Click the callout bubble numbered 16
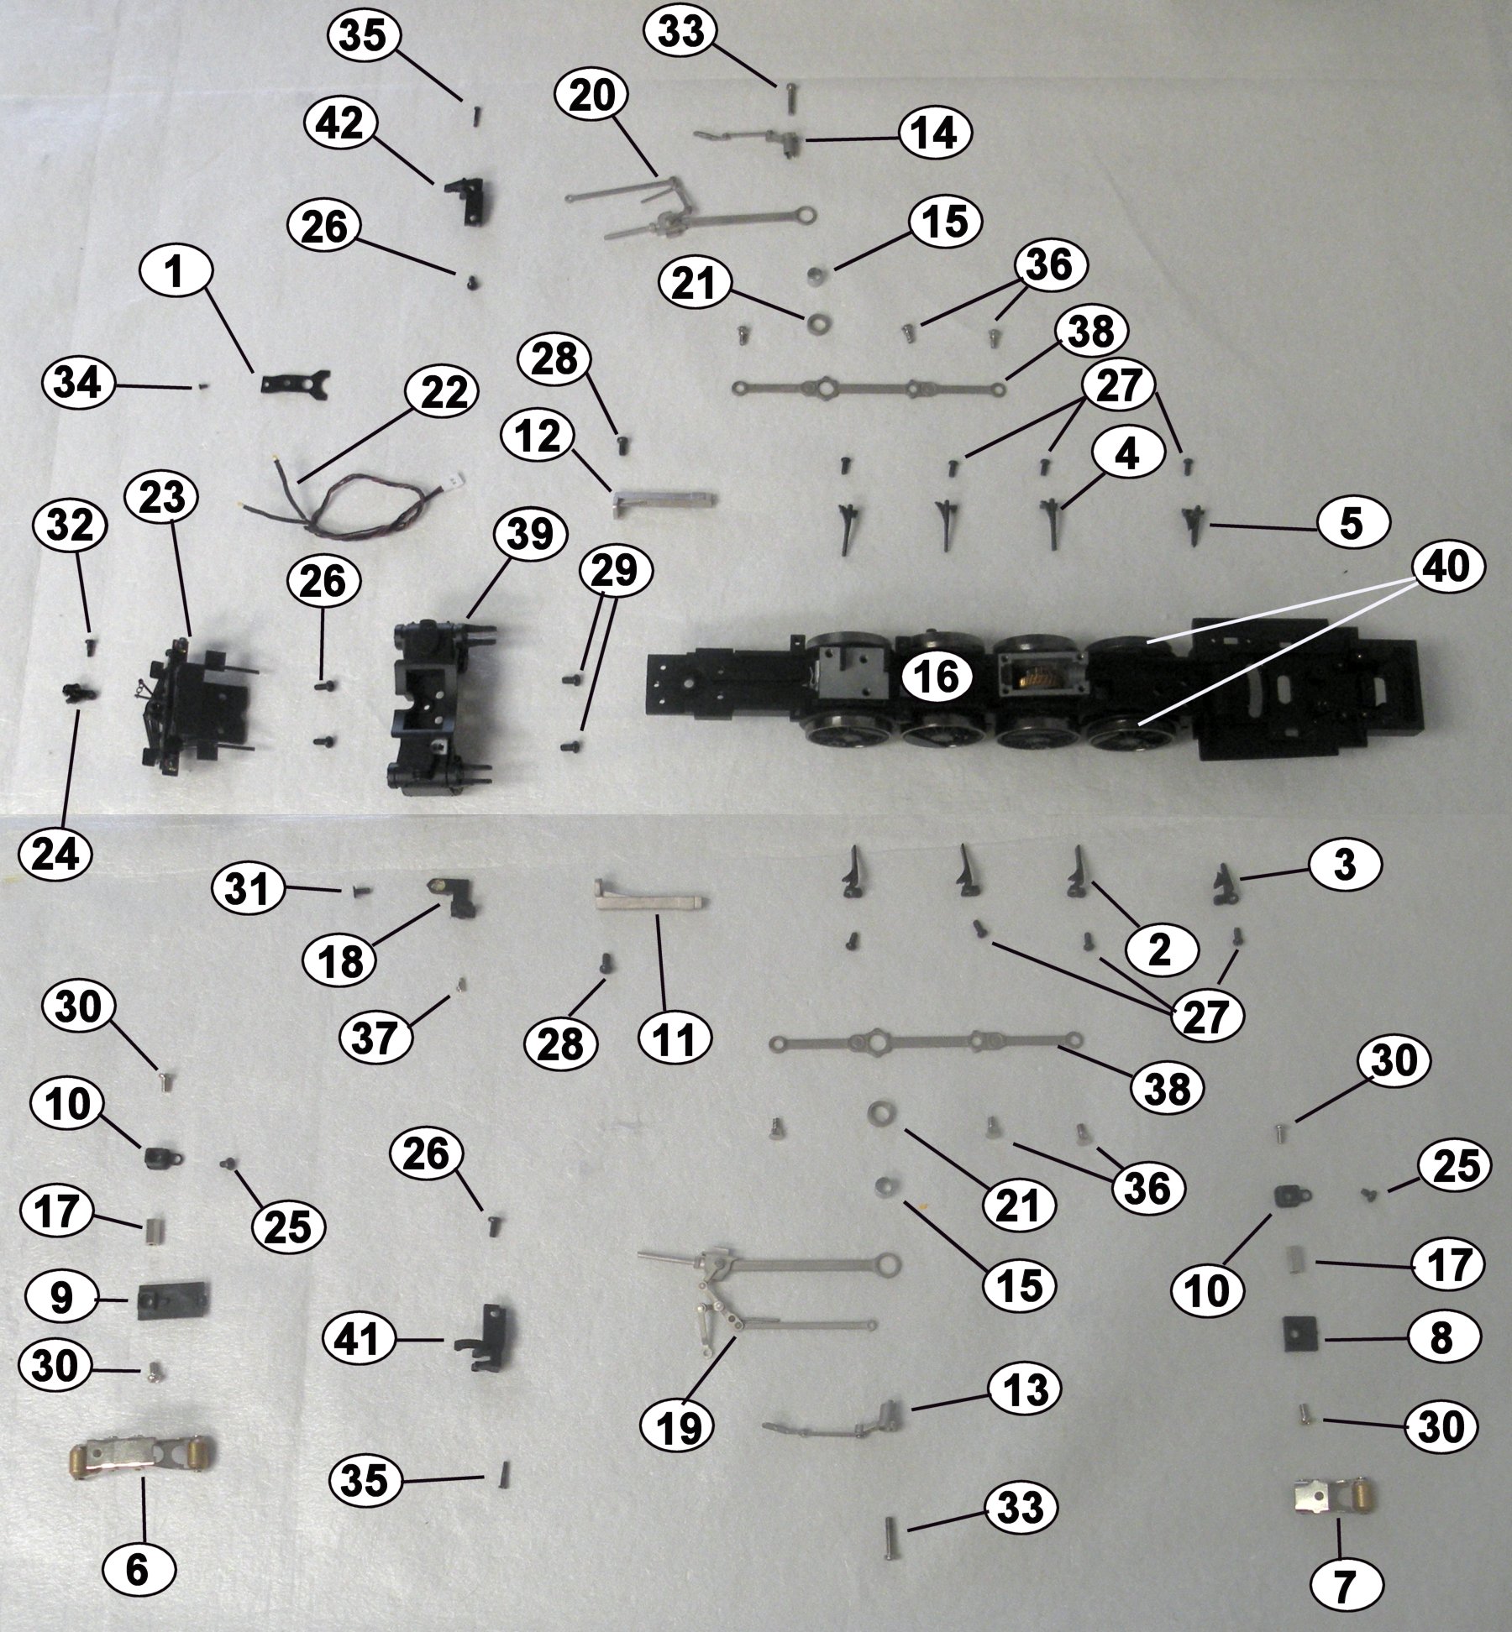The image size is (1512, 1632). coord(937,676)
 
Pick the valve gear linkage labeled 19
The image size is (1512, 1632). coord(756,1305)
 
